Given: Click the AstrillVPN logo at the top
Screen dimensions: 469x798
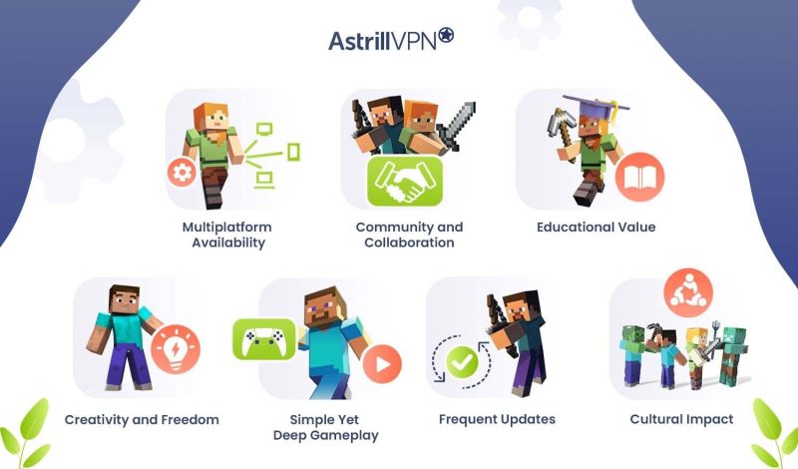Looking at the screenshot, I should (x=391, y=40).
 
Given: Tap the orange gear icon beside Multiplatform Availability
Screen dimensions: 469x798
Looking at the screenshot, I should (x=181, y=174).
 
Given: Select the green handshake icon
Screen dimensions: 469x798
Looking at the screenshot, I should (x=405, y=181).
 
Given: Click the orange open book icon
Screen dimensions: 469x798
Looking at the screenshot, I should (x=632, y=179).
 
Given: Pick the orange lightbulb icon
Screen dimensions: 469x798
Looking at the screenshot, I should (x=176, y=349).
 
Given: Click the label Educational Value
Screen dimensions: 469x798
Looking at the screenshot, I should (x=596, y=228).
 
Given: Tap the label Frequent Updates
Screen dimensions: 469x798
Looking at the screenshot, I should (x=497, y=419).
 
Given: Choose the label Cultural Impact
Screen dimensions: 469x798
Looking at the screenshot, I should (x=681, y=419).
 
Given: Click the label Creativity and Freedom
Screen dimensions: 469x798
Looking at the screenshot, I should (x=142, y=419).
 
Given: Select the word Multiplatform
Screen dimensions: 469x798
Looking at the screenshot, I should (x=226, y=228).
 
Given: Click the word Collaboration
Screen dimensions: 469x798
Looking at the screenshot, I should (x=409, y=242).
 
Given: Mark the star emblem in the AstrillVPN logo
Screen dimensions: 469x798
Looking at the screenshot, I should (x=446, y=37).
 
